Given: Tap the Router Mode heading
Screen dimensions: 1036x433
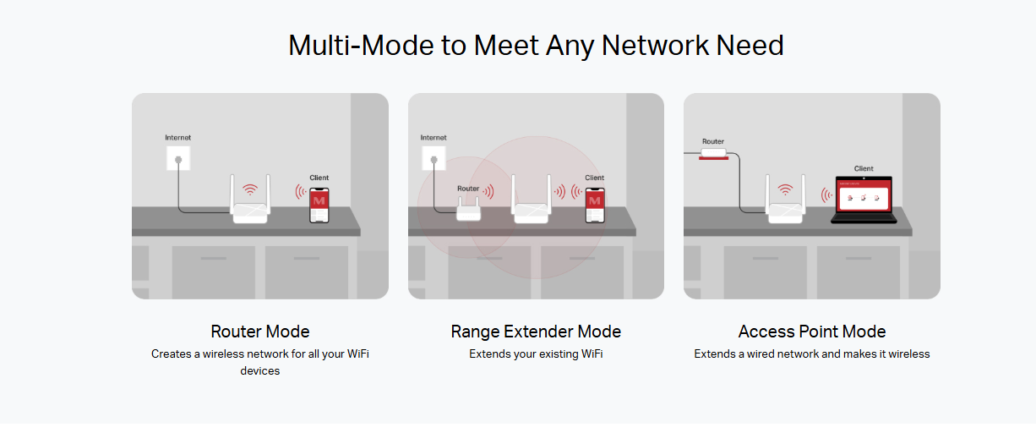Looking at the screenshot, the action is tap(260, 332).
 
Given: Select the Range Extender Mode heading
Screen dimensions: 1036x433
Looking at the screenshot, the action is tap(536, 332).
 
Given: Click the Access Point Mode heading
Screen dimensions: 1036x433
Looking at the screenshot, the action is tap(812, 332).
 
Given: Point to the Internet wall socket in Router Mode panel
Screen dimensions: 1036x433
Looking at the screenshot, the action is tap(178, 158).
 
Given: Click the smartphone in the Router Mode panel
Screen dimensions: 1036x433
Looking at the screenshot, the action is tap(319, 206).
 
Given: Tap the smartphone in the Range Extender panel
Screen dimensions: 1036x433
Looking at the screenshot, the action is tap(595, 206).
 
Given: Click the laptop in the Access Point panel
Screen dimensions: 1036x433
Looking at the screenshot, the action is tap(864, 200).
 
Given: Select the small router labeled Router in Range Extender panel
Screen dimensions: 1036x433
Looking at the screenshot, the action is tap(468, 210).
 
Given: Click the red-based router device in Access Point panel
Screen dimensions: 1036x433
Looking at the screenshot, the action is tap(714, 154).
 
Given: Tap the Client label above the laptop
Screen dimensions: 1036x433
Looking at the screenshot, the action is tap(864, 168).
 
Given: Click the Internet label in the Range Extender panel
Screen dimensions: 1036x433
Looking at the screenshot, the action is tap(433, 138).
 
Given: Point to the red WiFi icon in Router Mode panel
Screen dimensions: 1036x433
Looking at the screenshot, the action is tap(250, 189).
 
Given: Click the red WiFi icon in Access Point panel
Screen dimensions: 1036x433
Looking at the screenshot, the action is tap(785, 189).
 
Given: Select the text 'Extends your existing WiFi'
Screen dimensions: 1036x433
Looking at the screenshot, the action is tap(536, 354).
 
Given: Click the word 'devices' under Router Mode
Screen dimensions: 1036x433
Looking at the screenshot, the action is tap(260, 371).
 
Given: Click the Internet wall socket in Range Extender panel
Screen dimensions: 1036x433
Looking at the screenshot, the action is tap(433, 158).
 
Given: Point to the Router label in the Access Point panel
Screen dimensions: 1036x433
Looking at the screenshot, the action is tap(712, 141).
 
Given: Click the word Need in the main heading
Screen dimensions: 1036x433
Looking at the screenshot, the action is tap(750, 46).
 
